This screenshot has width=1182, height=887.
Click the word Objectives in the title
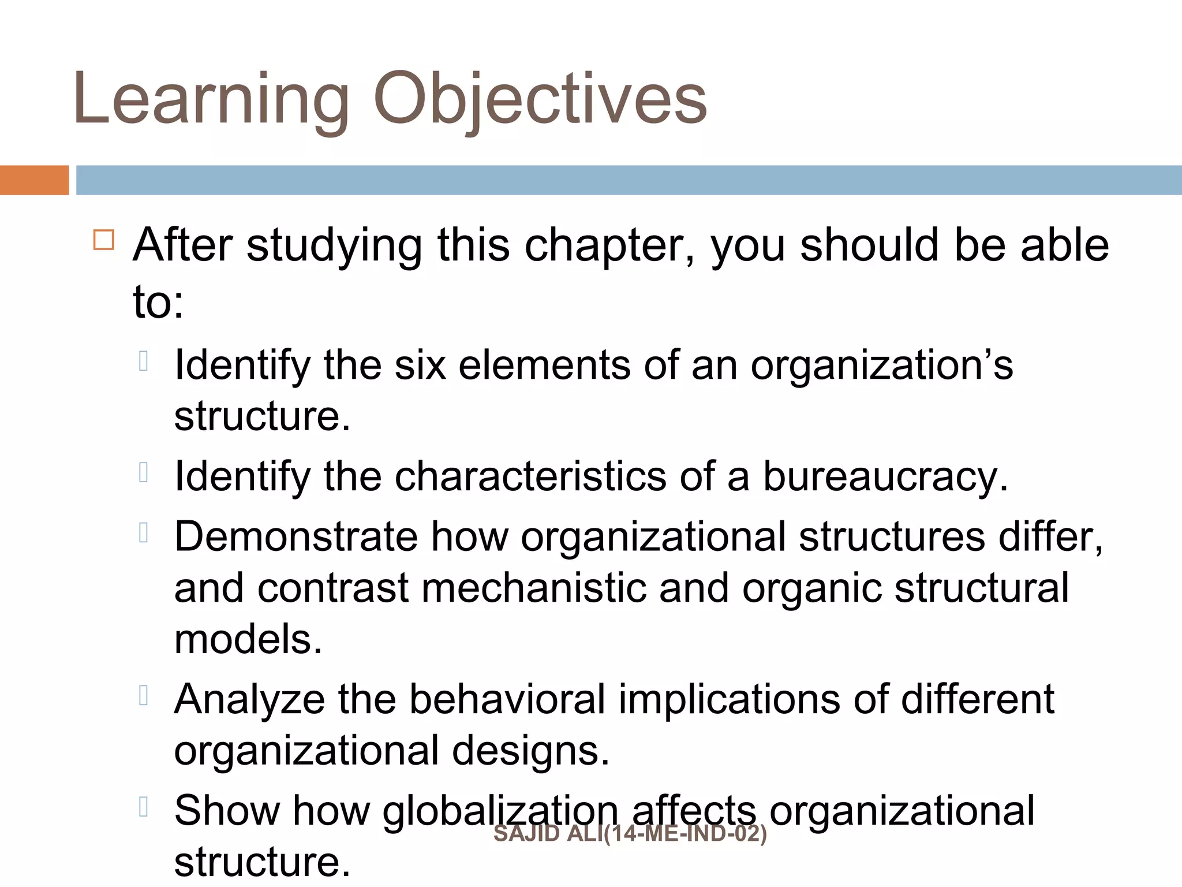pos(540,99)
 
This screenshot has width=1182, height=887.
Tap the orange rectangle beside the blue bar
pos(34,180)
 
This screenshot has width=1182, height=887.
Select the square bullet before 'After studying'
pos(104,239)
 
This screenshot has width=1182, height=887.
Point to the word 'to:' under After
pos(158,301)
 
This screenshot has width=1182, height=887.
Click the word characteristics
pos(530,476)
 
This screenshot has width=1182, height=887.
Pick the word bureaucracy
pos(885,478)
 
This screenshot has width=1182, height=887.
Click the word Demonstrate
pos(296,536)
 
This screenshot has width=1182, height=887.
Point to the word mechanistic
pos(534,588)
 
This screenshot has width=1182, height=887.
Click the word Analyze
pos(249,700)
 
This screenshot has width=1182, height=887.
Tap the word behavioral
pos(507,699)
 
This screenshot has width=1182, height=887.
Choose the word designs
pos(530,751)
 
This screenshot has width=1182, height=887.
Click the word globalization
pos(500,810)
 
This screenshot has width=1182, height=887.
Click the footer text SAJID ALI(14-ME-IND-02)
pos(630,834)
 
